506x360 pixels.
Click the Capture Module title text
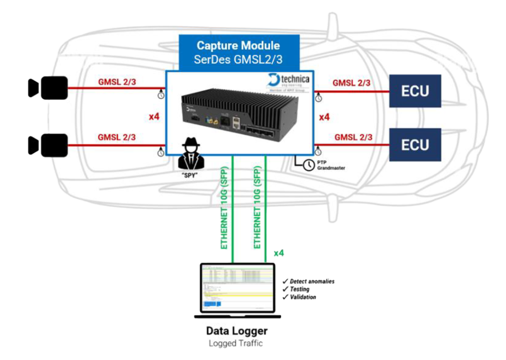click(238, 46)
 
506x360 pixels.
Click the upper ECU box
click(415, 91)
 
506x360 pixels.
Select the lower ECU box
click(415, 144)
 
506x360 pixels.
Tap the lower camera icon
click(47, 145)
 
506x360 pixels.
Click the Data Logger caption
click(237, 331)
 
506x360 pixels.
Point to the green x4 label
click(279, 253)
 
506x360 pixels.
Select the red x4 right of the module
click(325, 118)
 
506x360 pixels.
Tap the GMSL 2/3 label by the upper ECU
click(352, 83)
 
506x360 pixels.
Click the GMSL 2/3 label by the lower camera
click(117, 137)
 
